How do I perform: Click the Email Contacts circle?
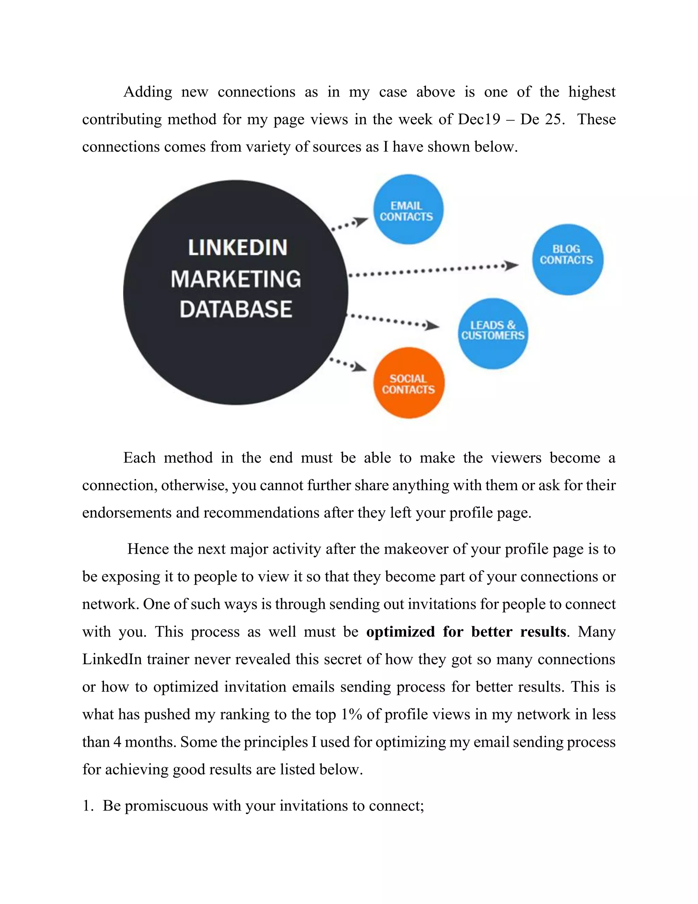408,209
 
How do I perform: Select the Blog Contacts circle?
567,260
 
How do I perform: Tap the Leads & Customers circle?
492,333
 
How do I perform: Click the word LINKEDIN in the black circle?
237,248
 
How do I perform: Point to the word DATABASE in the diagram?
236,309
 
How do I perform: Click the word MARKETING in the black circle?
236,279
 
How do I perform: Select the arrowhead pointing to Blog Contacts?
512,265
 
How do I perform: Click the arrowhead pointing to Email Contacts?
361,222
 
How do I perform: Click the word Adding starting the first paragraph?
148,92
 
